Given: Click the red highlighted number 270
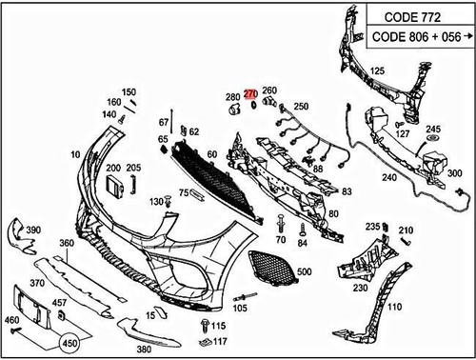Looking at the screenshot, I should click(250, 94).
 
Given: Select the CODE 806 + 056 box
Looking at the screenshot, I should click(417, 37).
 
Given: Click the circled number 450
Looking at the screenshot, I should click(69, 344).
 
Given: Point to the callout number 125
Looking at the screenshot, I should click(377, 71).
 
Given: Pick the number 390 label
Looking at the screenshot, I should click(32, 230).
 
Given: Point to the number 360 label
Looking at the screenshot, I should click(67, 244).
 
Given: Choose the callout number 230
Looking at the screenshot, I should click(360, 287).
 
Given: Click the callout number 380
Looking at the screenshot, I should click(144, 350).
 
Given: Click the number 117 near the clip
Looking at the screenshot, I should click(220, 341).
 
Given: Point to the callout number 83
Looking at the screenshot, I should click(347, 191).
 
